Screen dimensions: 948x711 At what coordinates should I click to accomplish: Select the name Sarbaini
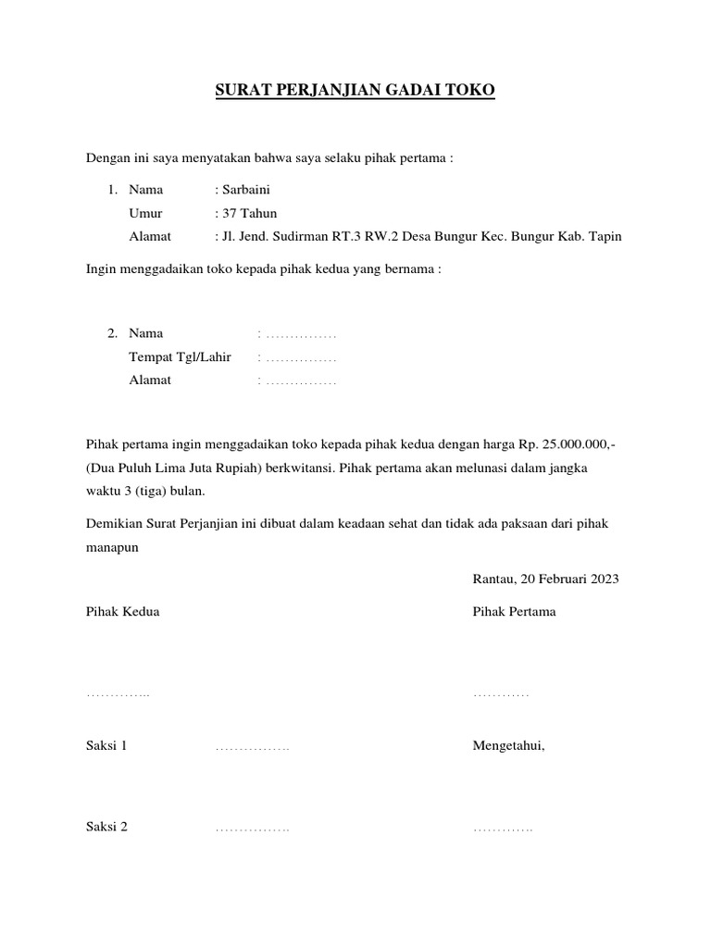pyautogui.click(x=245, y=190)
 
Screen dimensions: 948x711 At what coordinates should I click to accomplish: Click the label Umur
pyautogui.click(x=145, y=213)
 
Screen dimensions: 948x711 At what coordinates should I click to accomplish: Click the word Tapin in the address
pyautogui.click(x=605, y=236)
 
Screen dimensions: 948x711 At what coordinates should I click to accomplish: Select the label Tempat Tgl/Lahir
pyautogui.click(x=180, y=356)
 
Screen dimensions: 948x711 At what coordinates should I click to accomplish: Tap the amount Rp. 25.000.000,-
pyautogui.click(x=566, y=445)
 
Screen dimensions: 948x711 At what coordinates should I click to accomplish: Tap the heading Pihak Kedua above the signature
pyautogui.click(x=122, y=612)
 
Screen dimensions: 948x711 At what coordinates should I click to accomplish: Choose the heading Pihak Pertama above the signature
pyautogui.click(x=514, y=612)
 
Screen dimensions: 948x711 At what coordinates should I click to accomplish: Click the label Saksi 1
pyautogui.click(x=106, y=745)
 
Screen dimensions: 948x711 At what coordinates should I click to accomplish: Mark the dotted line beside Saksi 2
pyautogui.click(x=252, y=829)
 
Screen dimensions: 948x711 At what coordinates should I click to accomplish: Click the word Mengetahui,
pyautogui.click(x=508, y=745)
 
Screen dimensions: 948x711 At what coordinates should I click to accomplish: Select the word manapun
pyautogui.click(x=112, y=546)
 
